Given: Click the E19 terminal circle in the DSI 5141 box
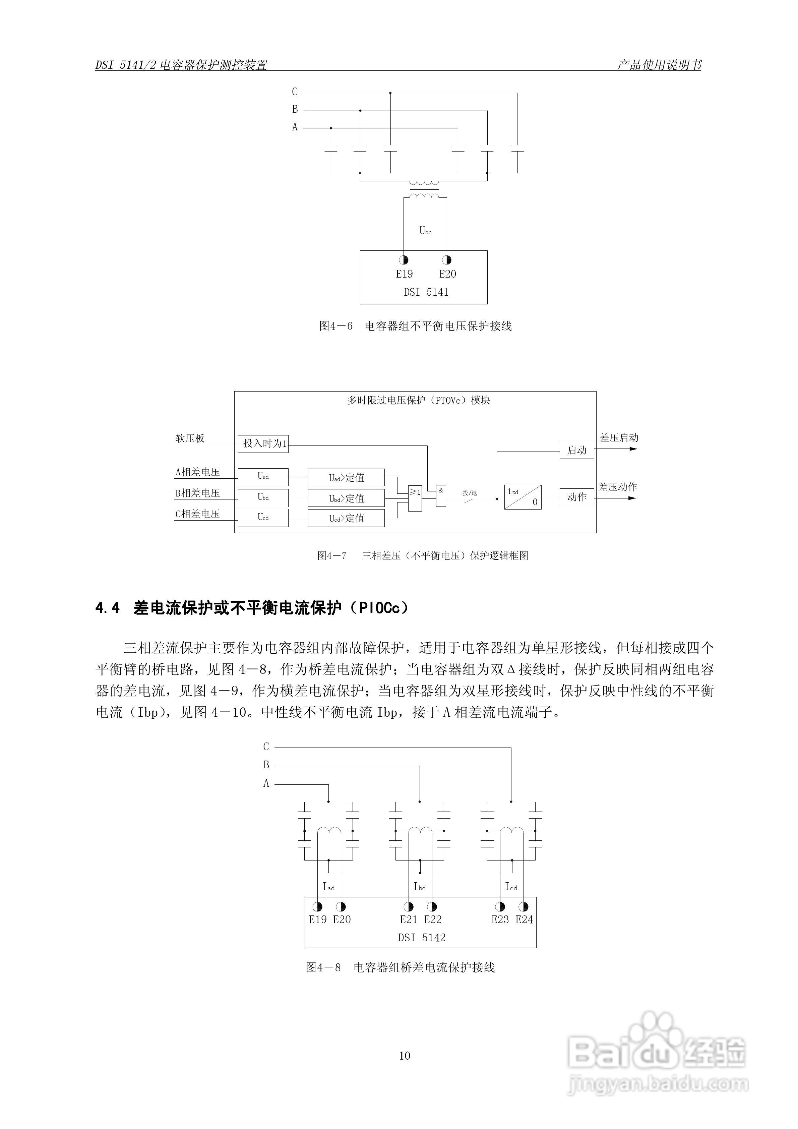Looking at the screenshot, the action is tap(404, 260).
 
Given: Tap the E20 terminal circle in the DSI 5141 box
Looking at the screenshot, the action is tap(446, 260).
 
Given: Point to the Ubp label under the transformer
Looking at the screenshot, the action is tap(425, 230).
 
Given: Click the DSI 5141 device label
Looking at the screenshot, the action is tap(426, 292).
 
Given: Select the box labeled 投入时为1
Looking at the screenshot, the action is tap(263, 443).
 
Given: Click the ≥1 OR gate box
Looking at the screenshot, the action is tap(415, 498).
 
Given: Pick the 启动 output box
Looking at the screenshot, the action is tap(577, 450).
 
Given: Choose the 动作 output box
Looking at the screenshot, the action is tap(577, 497).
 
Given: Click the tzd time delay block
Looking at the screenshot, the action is tap(523, 497).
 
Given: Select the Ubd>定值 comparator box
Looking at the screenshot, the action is tap(346, 498).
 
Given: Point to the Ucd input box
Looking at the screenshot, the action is tap(263, 518).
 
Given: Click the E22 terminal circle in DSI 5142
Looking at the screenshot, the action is tap(432, 906).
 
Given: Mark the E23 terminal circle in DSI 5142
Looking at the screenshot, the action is tap(500, 906).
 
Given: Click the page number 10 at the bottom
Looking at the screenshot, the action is tap(405, 1056).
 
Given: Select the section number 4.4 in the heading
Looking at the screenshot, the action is tap(108, 609).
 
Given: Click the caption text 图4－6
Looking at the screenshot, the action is tap(336, 326).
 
